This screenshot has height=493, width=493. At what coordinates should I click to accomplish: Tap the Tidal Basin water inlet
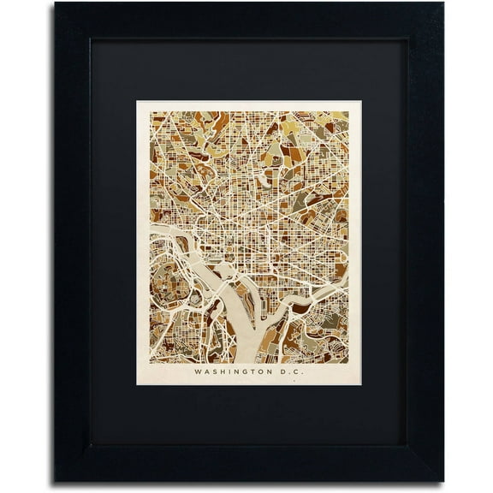(x=224, y=272)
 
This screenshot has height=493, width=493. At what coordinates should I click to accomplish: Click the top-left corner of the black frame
(x=56, y=4)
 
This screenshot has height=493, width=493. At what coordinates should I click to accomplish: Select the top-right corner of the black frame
(x=443, y=4)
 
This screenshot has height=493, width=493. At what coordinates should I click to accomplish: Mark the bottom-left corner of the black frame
(x=56, y=480)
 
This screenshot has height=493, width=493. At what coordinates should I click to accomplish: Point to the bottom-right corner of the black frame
(x=443, y=480)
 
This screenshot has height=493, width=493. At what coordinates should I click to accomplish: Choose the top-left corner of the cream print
(x=137, y=102)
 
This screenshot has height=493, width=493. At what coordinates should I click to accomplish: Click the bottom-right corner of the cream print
(x=360, y=384)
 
